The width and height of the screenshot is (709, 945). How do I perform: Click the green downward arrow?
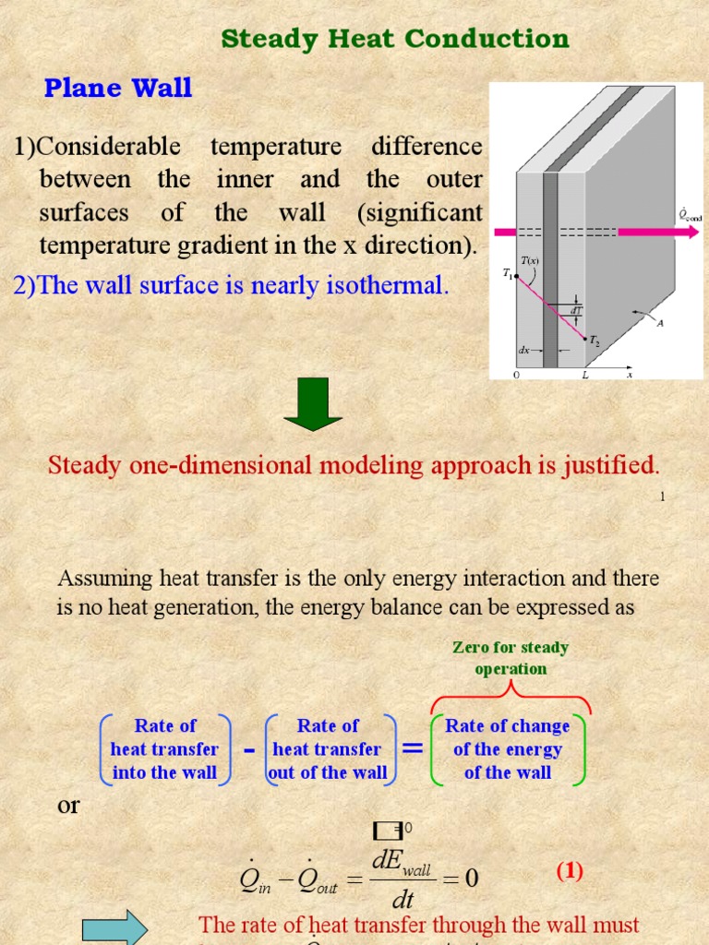click(x=313, y=407)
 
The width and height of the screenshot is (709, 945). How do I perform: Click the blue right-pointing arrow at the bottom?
click(x=114, y=928)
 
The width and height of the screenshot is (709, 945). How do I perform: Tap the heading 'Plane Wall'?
click(x=118, y=88)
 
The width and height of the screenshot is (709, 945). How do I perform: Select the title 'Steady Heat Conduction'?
click(x=395, y=39)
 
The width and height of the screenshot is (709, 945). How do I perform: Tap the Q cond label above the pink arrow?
click(x=690, y=217)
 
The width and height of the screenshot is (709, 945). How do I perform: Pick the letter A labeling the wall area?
click(x=659, y=322)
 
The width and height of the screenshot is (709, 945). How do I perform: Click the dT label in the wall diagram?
click(x=575, y=311)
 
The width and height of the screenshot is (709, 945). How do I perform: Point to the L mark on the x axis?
click(x=584, y=376)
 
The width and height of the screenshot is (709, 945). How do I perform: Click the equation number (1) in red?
click(x=569, y=871)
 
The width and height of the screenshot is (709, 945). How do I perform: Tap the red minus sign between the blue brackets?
click(x=248, y=749)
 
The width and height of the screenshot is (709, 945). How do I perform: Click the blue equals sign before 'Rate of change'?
click(x=413, y=748)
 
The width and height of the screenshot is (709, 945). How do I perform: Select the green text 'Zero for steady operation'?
click(x=510, y=658)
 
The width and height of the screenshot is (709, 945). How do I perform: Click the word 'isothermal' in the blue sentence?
click(x=389, y=285)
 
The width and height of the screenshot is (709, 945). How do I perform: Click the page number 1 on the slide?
click(x=662, y=496)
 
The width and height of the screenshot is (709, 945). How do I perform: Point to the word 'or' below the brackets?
click(x=69, y=805)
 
